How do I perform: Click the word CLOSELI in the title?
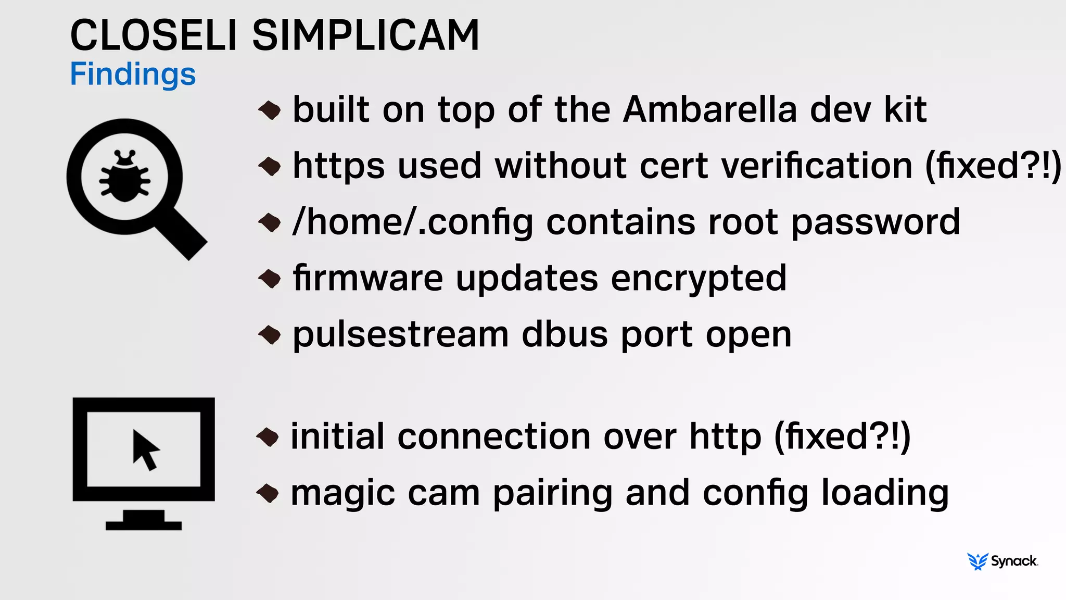[154, 35]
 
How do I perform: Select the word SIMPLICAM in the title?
[365, 35]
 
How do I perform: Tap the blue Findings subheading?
[133, 74]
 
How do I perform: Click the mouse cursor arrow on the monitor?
[145, 449]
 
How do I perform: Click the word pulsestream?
[401, 335]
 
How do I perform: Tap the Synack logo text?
[1014, 561]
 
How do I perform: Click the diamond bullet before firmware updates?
[270, 278]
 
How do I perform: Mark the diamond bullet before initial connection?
[268, 436]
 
